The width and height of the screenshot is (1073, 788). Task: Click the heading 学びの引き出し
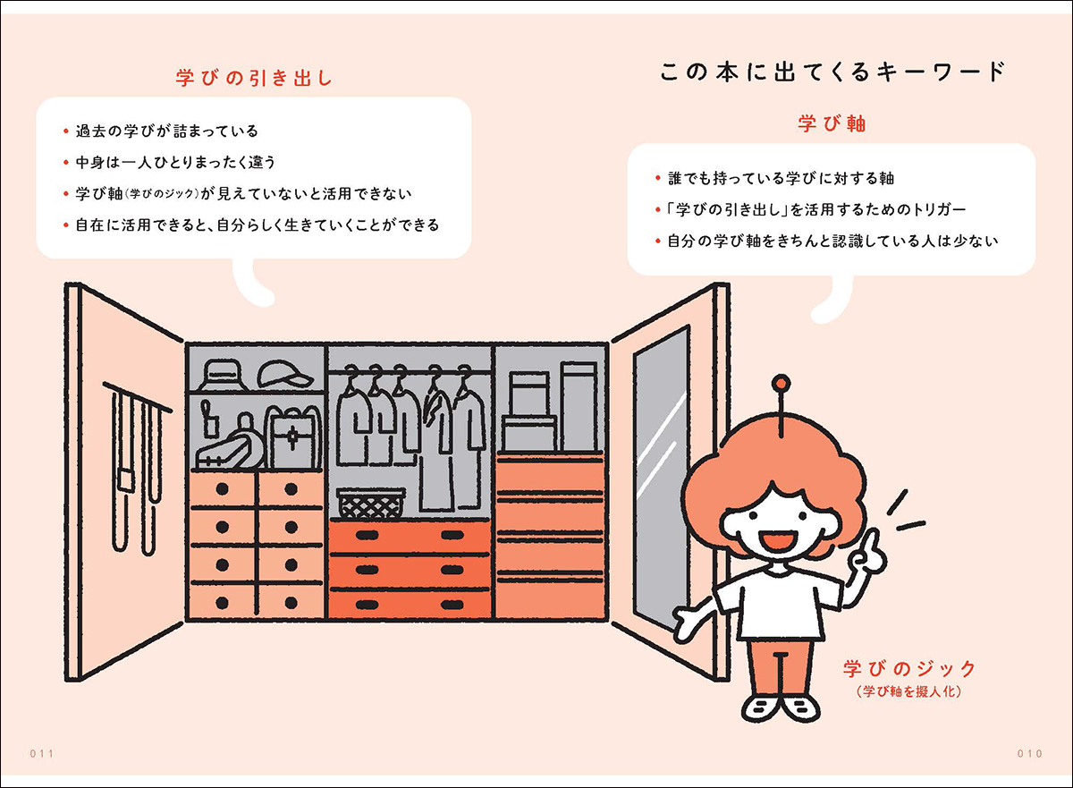click(x=254, y=78)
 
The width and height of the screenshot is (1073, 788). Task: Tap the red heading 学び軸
click(x=832, y=124)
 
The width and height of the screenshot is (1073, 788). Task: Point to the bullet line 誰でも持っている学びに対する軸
click(x=781, y=178)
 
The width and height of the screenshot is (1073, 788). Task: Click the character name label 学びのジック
click(x=908, y=668)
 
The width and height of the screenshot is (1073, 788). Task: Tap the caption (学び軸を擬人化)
click(x=908, y=691)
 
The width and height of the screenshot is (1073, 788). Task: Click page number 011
click(x=42, y=753)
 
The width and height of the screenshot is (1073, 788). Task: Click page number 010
click(x=1030, y=753)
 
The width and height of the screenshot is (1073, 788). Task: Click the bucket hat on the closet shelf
click(x=219, y=373)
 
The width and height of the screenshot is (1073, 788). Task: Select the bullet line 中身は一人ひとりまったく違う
click(x=173, y=162)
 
